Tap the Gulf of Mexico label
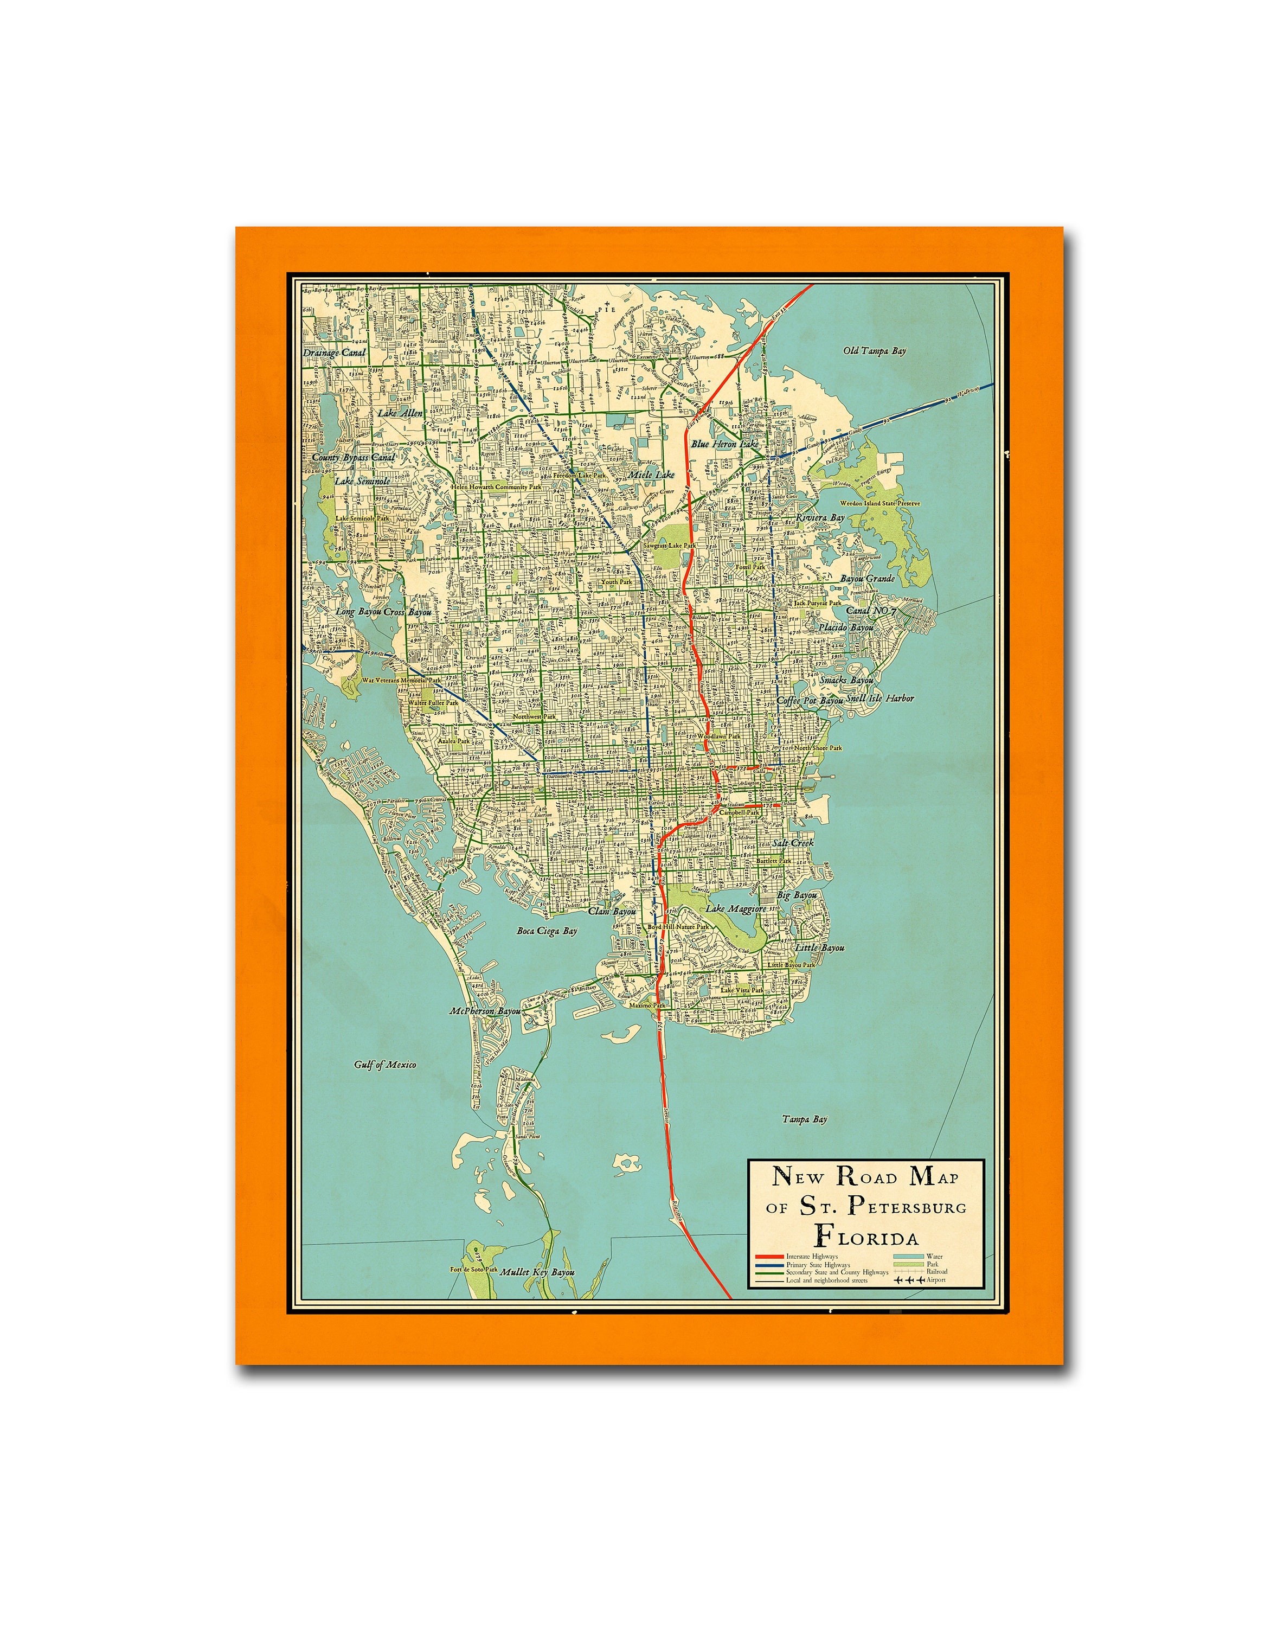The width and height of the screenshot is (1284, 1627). click(385, 1065)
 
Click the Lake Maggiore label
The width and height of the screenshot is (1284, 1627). click(736, 909)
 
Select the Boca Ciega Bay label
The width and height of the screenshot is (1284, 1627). click(547, 931)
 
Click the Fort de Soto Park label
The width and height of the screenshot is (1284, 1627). click(473, 1269)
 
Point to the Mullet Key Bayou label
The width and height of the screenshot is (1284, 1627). click(537, 1272)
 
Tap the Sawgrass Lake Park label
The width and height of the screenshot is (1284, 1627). click(669, 545)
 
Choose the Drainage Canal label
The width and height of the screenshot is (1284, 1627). click(335, 352)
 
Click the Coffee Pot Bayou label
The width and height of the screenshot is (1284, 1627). click(810, 700)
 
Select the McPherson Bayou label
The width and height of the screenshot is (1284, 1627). click(485, 1011)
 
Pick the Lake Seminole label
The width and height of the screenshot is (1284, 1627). click(362, 481)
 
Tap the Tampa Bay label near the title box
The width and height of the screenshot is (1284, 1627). click(804, 1119)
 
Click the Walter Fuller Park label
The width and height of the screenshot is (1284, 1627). click(432, 702)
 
